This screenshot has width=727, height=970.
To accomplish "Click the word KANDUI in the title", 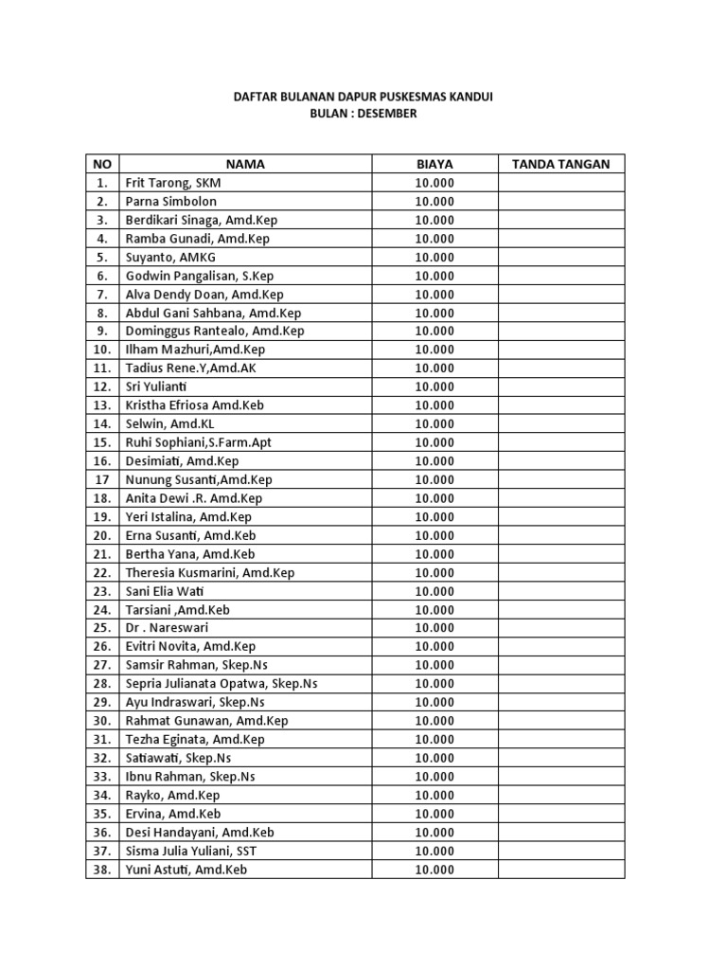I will tap(470, 97).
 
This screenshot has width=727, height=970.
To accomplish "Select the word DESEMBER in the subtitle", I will tap(384, 114).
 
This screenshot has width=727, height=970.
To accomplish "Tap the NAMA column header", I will tap(245, 164).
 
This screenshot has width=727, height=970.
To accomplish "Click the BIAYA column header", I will tap(434, 164).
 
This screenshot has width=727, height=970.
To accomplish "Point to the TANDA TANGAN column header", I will tap(561, 164).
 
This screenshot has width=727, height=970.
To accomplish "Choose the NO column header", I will tap(101, 164).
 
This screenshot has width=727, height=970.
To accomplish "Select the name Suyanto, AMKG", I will tap(171, 257).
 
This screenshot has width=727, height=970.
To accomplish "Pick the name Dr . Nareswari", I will tap(167, 628).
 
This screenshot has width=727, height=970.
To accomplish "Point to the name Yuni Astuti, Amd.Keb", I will tap(186, 870).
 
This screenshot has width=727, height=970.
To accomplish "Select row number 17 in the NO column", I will tap(101, 479).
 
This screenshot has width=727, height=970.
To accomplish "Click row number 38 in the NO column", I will tap(101, 870).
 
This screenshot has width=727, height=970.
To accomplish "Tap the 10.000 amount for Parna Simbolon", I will tap(434, 202).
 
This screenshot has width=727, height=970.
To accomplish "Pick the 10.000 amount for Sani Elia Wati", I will tap(434, 591).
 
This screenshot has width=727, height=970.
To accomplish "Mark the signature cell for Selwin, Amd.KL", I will tap(561, 423).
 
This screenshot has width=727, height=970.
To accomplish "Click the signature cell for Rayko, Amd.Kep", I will tap(561, 795).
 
